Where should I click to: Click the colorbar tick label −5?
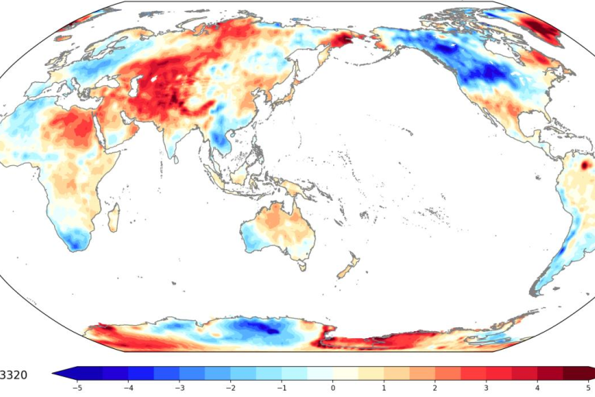[76, 386]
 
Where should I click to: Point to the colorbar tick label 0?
[333, 386]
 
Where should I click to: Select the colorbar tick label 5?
[589, 386]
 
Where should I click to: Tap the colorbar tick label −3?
[179, 386]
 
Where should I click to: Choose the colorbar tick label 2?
[435, 386]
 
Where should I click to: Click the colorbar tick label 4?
[538, 386]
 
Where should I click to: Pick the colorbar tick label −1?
[281, 386]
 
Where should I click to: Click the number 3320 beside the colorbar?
[13, 375]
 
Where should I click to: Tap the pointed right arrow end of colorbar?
[592, 374]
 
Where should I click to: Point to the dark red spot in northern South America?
[585, 165]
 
